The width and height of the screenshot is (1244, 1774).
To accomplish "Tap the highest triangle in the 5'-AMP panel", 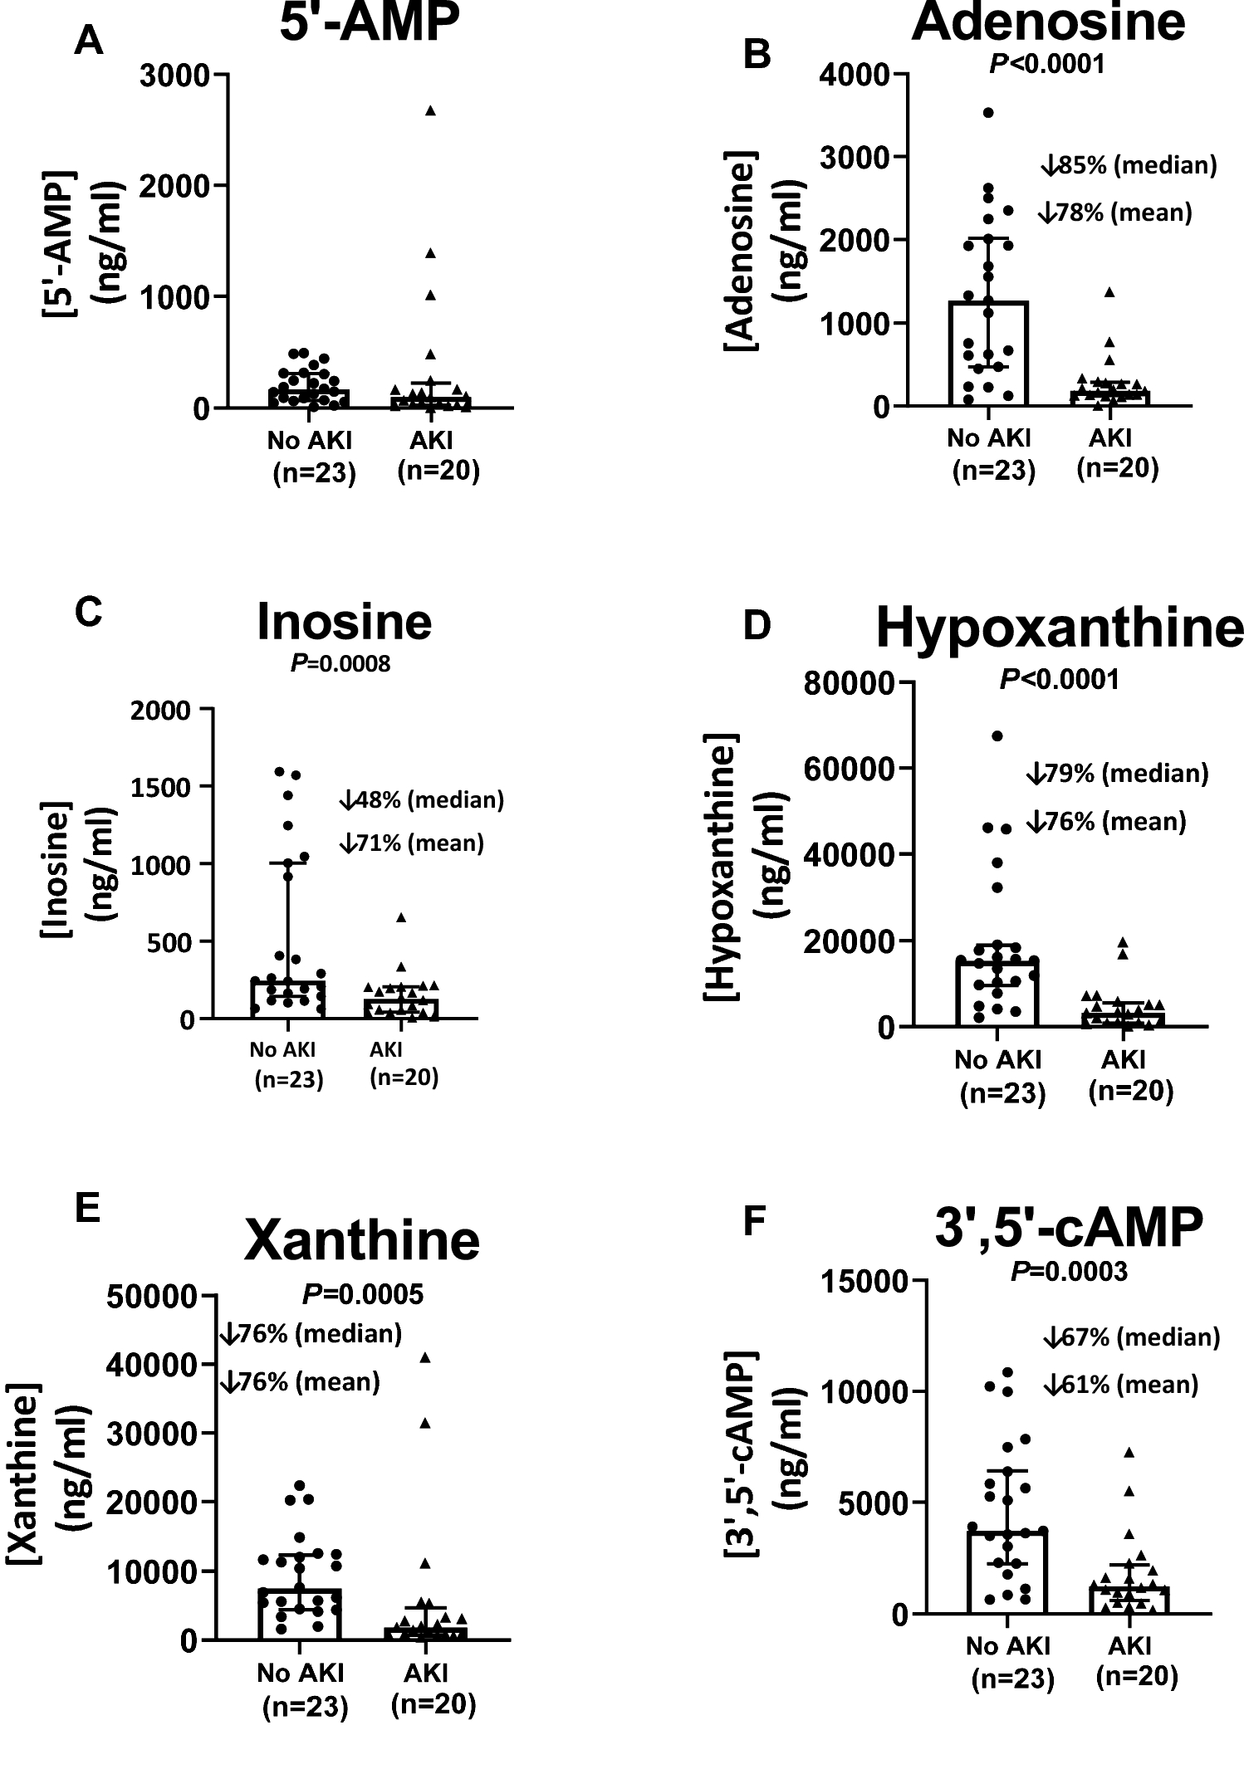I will pyautogui.click(x=430, y=110).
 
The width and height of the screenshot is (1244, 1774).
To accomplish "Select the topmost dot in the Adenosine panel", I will pyautogui.click(x=988, y=112).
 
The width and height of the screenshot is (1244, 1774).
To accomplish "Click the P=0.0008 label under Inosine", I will pyautogui.click(x=340, y=663).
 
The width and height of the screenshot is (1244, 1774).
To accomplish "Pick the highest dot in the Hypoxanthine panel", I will pyautogui.click(x=997, y=736).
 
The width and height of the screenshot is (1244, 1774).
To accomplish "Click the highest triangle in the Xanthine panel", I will pyautogui.click(x=425, y=1358).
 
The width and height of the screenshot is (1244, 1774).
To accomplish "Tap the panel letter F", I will pyautogui.click(x=753, y=1221).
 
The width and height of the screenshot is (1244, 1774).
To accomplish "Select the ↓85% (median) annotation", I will pyautogui.click(x=1129, y=165).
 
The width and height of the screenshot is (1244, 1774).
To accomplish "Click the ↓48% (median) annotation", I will pyautogui.click(x=422, y=799).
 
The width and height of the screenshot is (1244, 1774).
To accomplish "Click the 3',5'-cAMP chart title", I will pyautogui.click(x=1069, y=1227).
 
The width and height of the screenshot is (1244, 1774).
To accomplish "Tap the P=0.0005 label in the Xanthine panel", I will pyautogui.click(x=363, y=1294).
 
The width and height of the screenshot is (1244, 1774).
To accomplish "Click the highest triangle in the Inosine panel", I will pyautogui.click(x=400, y=917).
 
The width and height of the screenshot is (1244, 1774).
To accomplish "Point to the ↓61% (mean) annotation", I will pyautogui.click(x=1121, y=1385).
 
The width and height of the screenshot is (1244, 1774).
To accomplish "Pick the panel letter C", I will pyautogui.click(x=88, y=613).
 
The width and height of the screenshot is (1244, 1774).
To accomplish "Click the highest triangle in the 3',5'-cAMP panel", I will pyautogui.click(x=1129, y=1453).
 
